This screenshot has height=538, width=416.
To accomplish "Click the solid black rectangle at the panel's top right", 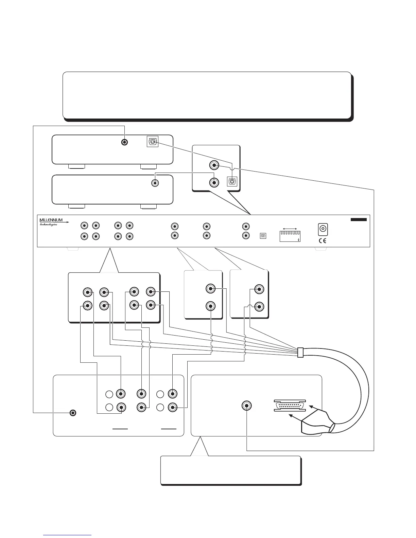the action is coord(359,220).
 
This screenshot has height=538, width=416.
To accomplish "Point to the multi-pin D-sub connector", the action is coord(290,406).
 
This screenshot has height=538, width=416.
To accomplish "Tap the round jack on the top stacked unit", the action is coord(125,142).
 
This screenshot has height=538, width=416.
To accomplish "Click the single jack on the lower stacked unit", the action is coord(155,183).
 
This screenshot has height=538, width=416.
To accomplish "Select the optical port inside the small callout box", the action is coord(232,181).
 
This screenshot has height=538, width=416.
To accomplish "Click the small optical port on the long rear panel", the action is coord(262,235).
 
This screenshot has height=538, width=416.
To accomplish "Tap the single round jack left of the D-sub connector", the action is coord(247,406).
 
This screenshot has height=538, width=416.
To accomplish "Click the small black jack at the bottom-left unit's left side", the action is coord(72,413).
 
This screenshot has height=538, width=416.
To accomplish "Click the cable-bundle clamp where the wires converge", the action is coord(300,352).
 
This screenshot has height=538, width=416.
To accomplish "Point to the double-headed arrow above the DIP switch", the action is coord(290,228).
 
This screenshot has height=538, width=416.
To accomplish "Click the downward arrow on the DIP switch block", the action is coord(298,239).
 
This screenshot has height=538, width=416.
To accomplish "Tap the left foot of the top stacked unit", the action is coord(76,166).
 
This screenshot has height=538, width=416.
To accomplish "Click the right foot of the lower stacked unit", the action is coord(149,206).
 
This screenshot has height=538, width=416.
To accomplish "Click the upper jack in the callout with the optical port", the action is coord(214,165).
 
